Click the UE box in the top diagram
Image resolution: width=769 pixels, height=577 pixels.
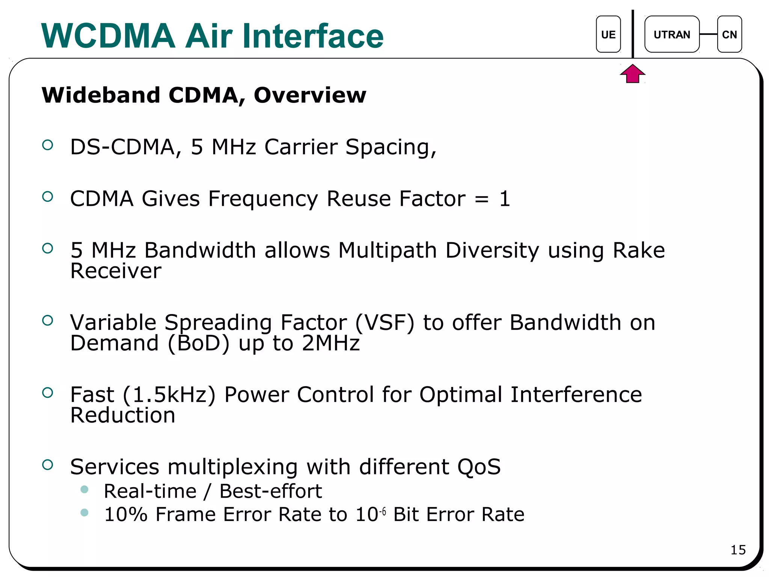(x=608, y=34)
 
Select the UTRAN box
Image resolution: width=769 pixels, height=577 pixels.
(x=672, y=34)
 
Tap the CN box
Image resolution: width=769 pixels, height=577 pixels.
(x=729, y=34)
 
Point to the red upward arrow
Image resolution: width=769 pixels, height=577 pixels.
(x=633, y=74)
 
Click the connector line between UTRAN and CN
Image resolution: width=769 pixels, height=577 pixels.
(x=709, y=34)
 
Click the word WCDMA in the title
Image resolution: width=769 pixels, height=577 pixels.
(x=108, y=36)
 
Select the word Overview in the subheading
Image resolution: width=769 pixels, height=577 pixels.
(x=310, y=95)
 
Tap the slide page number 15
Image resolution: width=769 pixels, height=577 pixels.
(x=738, y=550)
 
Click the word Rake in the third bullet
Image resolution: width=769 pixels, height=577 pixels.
(x=639, y=250)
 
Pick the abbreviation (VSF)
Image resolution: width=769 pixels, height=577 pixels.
(x=385, y=323)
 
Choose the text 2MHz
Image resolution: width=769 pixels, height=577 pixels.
(x=331, y=343)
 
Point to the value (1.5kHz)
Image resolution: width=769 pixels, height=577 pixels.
(x=169, y=395)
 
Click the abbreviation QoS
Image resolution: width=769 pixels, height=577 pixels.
(x=479, y=467)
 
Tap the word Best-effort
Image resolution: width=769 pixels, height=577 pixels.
(x=270, y=491)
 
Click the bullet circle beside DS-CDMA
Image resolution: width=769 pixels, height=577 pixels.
(x=48, y=145)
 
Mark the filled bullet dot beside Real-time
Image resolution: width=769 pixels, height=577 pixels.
(x=84, y=489)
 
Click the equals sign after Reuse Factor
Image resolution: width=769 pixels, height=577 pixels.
(x=482, y=199)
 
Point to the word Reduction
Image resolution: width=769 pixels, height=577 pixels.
(x=123, y=415)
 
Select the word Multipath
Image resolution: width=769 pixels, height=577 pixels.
(x=388, y=250)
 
